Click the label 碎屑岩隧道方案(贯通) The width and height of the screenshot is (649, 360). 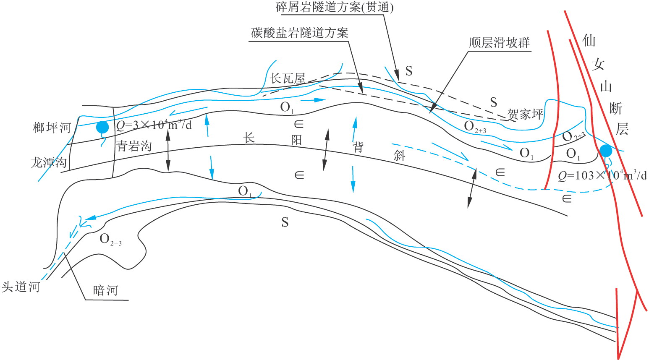tap(335, 8)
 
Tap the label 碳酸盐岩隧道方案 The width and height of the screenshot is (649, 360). tap(300, 32)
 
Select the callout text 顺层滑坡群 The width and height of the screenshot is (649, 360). tap(499, 43)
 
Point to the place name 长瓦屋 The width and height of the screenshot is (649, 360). tap(287, 78)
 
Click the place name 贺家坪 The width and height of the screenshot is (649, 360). tap(525, 114)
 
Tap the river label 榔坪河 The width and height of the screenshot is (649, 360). tap(52, 128)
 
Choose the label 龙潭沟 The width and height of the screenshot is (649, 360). tap(49, 162)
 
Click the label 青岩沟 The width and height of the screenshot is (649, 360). tap(134, 146)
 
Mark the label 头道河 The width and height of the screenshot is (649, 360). tap(21, 287)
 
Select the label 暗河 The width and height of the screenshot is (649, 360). tap(105, 290)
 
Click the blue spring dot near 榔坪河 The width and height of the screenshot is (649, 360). tap(102, 127)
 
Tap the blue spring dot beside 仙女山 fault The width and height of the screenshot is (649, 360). tap(605, 151)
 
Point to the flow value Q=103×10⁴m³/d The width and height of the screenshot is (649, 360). tap(602, 175)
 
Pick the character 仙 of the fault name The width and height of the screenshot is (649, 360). tap(589, 41)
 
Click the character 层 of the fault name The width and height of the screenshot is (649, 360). tap(622, 129)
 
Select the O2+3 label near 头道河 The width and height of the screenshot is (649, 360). tap(110, 240)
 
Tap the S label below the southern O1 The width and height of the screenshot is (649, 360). tap(285, 222)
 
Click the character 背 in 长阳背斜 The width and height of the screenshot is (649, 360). tap(358, 147)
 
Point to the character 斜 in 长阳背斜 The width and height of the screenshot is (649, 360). tap(399, 155)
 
